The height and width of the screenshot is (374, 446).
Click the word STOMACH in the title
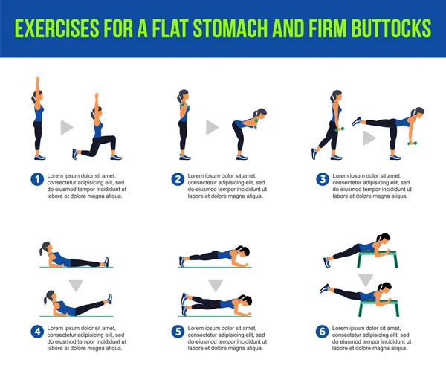230,28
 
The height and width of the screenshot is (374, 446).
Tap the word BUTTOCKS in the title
392,28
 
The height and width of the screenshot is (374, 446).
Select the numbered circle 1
37,179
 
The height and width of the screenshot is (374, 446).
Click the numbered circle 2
178,179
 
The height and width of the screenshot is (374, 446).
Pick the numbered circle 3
323,179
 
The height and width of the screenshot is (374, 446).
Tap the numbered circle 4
37,332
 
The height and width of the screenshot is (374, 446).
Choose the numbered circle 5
178,332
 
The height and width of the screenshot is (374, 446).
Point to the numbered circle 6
323,332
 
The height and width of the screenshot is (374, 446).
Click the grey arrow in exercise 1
67,127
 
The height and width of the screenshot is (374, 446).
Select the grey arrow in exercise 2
212,127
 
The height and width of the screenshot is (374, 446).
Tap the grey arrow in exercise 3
369,138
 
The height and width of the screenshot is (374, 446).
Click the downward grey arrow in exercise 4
76,286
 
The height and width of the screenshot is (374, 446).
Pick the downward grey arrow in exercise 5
216,286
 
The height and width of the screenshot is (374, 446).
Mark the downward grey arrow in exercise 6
366,280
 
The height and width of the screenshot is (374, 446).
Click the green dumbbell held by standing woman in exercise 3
340,129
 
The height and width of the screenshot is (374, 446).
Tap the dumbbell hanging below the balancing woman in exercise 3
412,143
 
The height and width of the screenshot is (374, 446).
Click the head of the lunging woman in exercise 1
96,112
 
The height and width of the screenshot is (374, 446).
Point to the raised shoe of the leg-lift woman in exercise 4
109,299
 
